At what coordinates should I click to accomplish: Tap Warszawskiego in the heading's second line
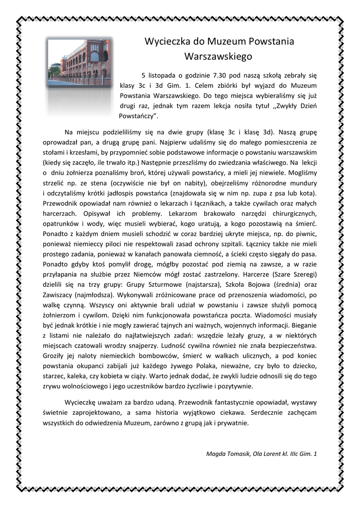point(218,57)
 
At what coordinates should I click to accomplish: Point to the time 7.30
point(220,75)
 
